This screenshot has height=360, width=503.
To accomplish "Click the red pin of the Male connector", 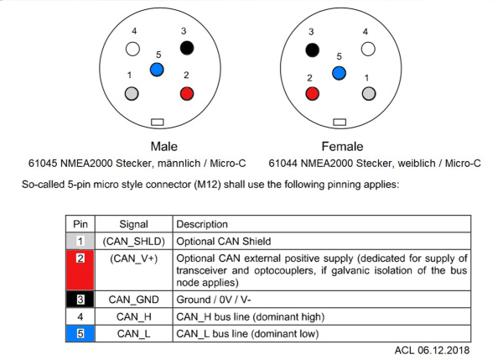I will coord(187,92).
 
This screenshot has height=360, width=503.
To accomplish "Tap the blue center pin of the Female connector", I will coord(338,74).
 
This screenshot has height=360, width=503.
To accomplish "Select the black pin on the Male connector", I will coord(187,49).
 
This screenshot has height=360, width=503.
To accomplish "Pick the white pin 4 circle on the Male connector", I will coord(132,49).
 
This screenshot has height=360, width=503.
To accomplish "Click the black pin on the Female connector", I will coord(313,50).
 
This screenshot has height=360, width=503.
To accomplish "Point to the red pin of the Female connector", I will coord(313,93).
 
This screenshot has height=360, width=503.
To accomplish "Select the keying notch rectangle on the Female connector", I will coord(339,123).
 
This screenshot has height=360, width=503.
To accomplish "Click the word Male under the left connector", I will coord(163,145).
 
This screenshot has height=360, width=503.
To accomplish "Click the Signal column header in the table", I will coord(134,224).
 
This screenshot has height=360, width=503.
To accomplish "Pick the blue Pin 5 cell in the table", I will coord(80,333).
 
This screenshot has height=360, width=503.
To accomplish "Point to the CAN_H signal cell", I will coord(134,317).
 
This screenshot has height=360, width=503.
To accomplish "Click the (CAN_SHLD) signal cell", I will coord(134,241).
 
